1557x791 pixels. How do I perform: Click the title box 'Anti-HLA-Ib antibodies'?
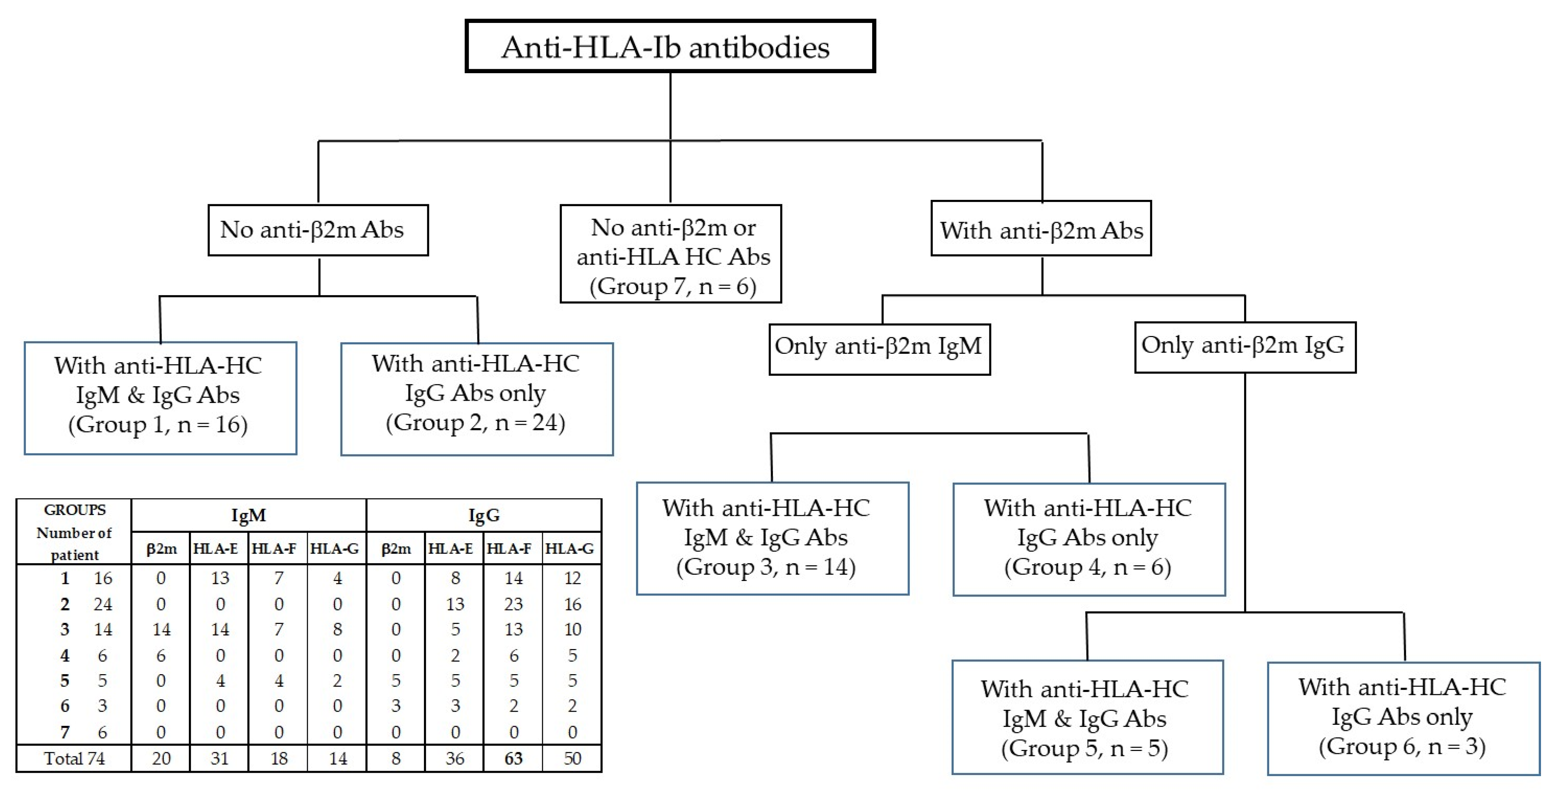pos(670,47)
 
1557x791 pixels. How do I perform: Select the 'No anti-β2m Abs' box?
pos(318,230)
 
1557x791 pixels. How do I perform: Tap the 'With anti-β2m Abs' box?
pos(1041,229)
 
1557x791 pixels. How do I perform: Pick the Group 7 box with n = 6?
pos(671,254)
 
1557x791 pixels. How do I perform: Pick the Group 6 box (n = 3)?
pos(1403,718)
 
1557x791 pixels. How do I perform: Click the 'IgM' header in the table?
pos(249,515)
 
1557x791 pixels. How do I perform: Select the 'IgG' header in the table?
pos(484,515)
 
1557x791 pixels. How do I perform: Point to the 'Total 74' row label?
pos(74,758)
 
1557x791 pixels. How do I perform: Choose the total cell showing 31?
pos(219,758)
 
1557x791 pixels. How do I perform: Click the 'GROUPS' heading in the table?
pos(74,510)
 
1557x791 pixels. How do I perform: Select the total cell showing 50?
pos(572,758)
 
